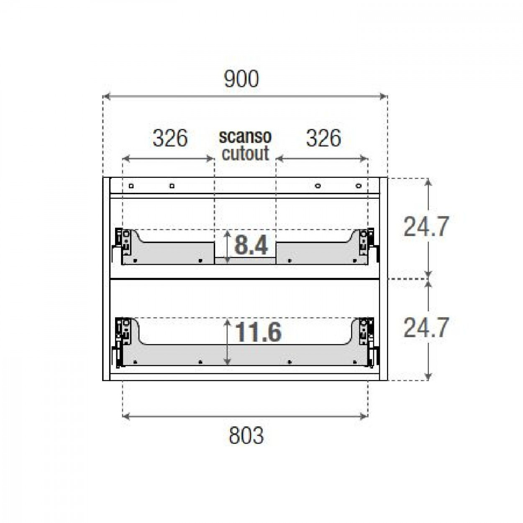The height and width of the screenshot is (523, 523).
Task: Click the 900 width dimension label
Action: [241, 79]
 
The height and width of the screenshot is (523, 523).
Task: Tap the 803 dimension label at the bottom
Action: [246, 435]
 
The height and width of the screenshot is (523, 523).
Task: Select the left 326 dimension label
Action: [170, 138]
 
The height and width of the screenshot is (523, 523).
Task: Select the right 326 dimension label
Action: [323, 138]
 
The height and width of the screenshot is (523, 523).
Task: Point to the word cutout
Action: [245, 153]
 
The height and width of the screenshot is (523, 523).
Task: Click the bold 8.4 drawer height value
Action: [251, 245]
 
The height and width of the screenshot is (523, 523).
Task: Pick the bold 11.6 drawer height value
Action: [258, 333]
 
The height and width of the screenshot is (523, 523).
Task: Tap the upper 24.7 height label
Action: [426, 227]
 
